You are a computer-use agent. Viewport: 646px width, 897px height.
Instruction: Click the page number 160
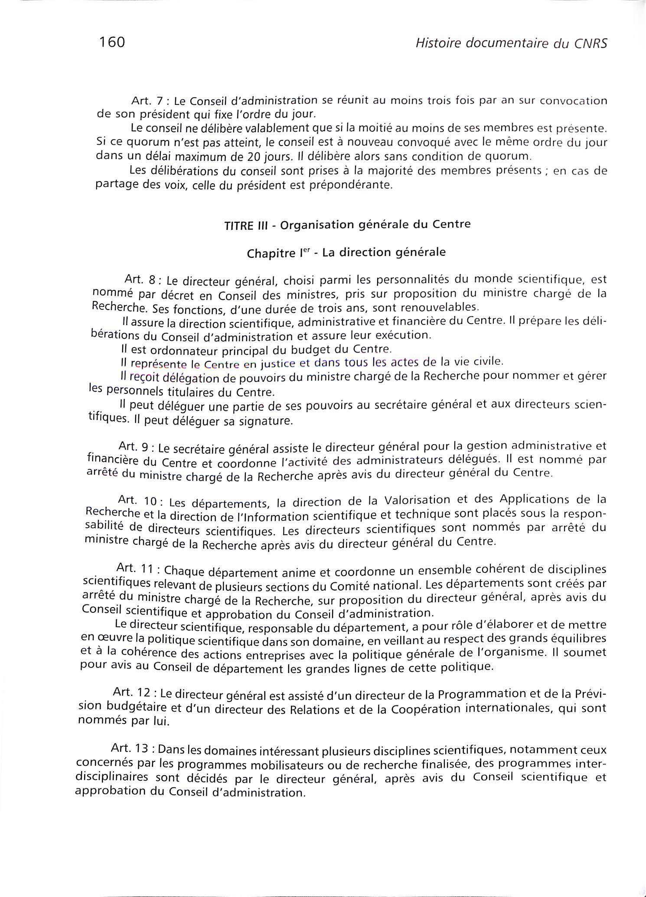coord(112,42)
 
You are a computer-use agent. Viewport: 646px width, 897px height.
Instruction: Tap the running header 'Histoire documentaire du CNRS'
coord(511,43)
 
